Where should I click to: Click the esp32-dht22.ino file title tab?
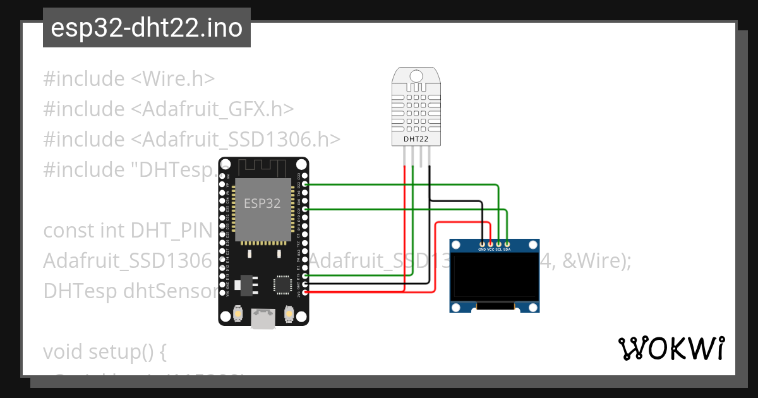coord(147,28)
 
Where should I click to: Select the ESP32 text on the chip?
coord(262,203)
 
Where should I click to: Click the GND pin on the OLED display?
coord(483,243)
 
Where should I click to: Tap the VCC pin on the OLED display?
coord(491,243)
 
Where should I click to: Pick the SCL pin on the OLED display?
coord(499,243)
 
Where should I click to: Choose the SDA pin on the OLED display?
coord(507,243)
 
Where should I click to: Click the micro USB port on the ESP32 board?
coord(263,318)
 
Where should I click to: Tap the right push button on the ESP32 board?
coord(289,313)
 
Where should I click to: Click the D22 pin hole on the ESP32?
coord(306,184)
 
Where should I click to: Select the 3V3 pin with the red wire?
coord(306,292)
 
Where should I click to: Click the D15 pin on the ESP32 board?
coord(306,276)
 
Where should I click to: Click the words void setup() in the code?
coord(104,351)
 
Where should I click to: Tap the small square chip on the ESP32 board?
coord(281,286)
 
